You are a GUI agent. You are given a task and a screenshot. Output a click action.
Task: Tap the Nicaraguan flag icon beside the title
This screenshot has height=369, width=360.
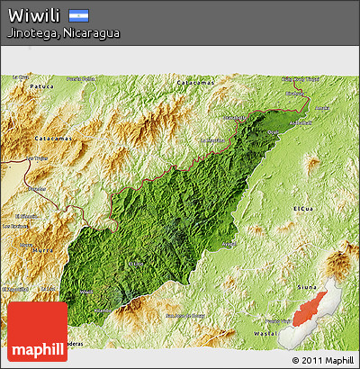78,15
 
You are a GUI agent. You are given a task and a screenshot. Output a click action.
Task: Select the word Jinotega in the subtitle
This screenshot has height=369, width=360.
31,33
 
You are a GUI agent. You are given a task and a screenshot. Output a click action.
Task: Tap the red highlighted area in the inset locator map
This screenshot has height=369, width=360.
306,310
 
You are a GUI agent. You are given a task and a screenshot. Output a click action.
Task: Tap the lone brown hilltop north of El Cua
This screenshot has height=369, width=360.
312,163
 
